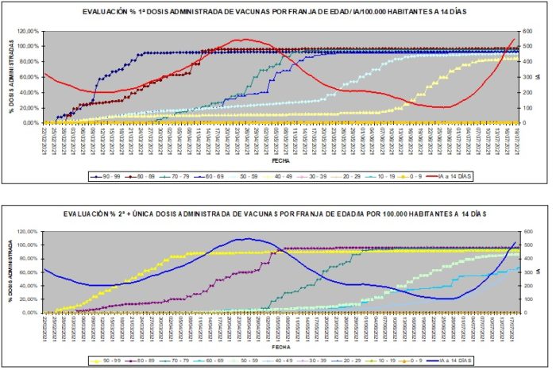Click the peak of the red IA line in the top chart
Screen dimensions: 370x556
coord(245,39)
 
